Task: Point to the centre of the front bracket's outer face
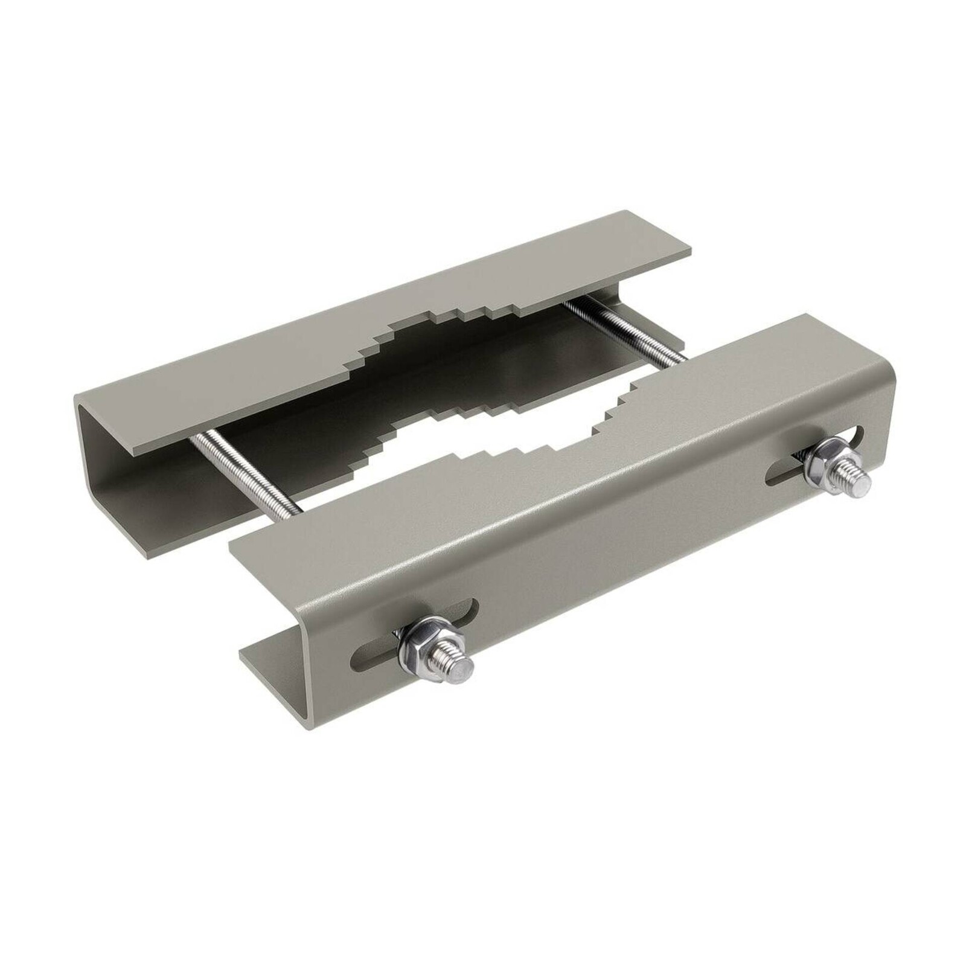(604, 543)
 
